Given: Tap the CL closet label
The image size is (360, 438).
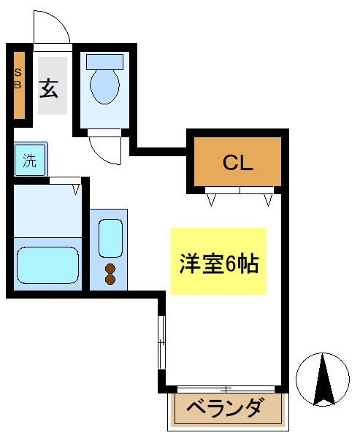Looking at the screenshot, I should coord(237,162).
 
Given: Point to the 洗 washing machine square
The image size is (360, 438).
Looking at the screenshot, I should coord(30,160).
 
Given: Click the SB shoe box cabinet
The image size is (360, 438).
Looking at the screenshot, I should coord(19,84).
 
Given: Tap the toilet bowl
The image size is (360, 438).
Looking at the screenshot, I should coord(104,87).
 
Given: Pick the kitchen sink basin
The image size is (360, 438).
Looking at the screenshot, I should coord(110,237).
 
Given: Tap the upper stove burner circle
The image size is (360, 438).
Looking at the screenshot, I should coord(111,268).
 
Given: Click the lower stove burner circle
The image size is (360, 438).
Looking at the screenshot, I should coord(111,279).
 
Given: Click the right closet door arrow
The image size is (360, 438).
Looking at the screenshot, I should coord(267,199).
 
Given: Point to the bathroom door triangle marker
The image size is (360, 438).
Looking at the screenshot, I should coord(75,190).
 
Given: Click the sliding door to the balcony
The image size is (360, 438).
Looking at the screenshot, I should coord(225,389).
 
